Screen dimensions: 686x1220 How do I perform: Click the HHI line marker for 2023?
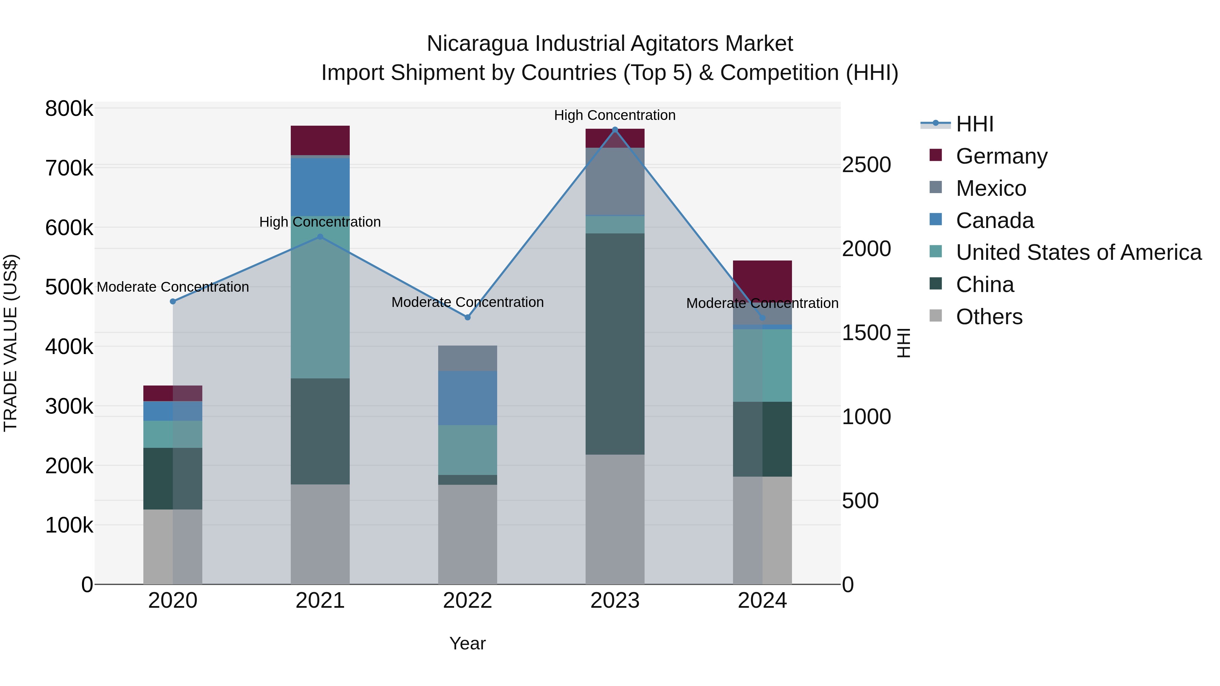[x=615, y=129]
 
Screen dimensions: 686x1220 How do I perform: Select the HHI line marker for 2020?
[x=173, y=302]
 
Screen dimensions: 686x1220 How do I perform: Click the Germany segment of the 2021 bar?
[x=320, y=140]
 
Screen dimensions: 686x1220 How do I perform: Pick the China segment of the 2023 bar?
[x=615, y=344]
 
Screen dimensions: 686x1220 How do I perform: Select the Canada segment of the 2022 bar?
[x=467, y=398]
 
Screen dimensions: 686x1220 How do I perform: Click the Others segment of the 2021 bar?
[x=320, y=534]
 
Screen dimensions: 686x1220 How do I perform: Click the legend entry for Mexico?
[x=991, y=188]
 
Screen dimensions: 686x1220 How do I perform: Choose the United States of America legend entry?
[x=1078, y=252]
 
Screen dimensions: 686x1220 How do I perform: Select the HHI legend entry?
[x=974, y=124]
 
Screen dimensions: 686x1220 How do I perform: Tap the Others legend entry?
[x=989, y=317]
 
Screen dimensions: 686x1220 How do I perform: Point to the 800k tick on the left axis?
[x=69, y=109]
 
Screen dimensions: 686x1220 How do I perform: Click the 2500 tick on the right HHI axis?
[x=866, y=165]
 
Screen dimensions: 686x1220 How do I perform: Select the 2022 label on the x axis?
[x=467, y=601]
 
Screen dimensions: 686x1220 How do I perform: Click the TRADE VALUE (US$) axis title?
[x=11, y=343]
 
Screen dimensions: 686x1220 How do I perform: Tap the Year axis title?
[x=467, y=643]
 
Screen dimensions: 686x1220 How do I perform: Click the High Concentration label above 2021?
[x=320, y=222]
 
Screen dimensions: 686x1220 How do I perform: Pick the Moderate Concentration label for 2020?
[x=173, y=287]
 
